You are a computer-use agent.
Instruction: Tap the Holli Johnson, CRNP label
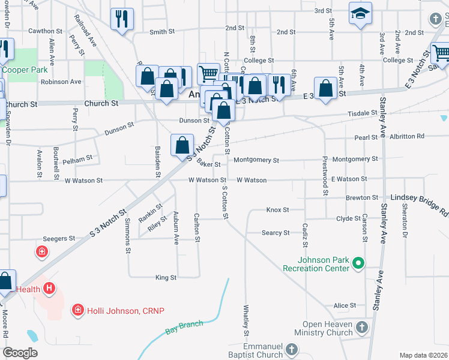pos(125,310)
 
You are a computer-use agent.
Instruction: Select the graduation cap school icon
pos(360,14)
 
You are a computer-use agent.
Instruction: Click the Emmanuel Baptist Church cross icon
pos(291,349)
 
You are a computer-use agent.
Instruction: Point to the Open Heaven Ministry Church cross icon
pos(361,327)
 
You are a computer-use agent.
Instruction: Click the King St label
pos(166,278)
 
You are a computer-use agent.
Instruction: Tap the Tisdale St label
pos(362,113)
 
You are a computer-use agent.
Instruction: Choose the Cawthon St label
pos(45,31)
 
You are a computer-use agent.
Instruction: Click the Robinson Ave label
pos(61,82)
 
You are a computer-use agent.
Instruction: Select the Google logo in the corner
pos(20,352)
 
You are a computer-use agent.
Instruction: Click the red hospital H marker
pos(48,289)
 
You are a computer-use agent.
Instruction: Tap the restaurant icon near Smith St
pos(122,19)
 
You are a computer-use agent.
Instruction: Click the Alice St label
pos(345,305)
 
